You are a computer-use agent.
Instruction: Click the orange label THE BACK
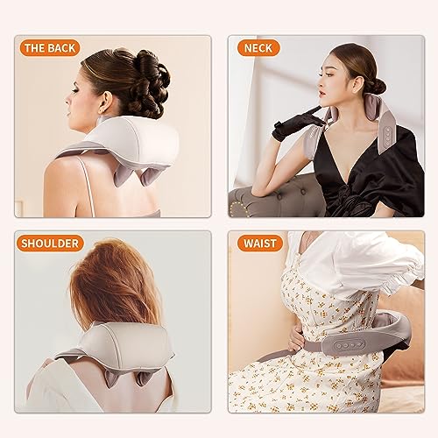click(x=50, y=48)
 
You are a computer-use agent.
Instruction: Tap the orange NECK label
click(x=258, y=48)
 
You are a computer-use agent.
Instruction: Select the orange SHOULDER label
click(x=50, y=244)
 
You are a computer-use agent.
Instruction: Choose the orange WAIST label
click(x=260, y=244)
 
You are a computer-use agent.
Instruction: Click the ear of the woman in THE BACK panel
click(x=105, y=102)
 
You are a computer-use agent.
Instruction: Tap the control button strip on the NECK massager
click(x=388, y=137)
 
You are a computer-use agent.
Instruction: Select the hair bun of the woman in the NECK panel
click(x=377, y=85)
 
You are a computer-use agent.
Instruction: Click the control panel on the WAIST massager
click(x=346, y=345)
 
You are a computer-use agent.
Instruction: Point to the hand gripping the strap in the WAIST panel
click(x=296, y=340)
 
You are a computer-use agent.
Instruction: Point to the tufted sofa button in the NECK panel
click(x=303, y=192)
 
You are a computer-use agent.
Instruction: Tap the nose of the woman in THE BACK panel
click(x=67, y=101)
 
